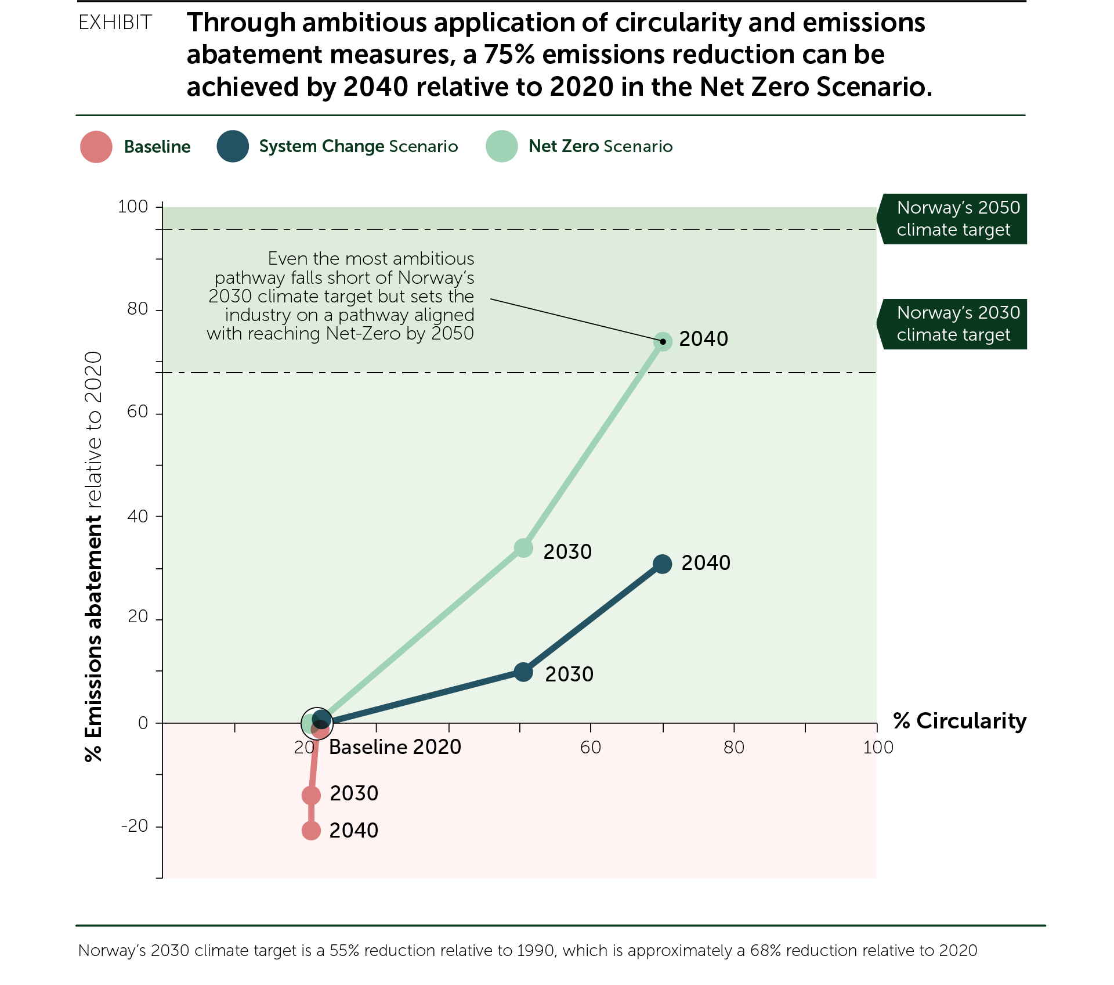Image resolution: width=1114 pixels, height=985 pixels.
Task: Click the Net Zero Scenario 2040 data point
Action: pyautogui.click(x=663, y=341)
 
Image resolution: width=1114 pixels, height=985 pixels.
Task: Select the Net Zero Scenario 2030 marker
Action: pyautogui.click(x=523, y=548)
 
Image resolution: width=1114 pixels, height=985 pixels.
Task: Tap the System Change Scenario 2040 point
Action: pyautogui.click(x=662, y=564)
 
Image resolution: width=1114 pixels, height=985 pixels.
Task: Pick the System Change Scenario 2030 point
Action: pyautogui.click(x=523, y=672)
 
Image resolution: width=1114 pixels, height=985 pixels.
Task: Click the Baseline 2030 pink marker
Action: pyautogui.click(x=311, y=795)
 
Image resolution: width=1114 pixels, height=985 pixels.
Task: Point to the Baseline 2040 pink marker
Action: pyautogui.click(x=311, y=831)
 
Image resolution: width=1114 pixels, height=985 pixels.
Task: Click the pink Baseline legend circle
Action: pyautogui.click(x=96, y=146)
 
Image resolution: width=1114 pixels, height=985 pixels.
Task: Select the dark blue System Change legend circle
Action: pyautogui.click(x=233, y=146)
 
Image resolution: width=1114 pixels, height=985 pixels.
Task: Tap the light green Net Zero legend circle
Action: pyautogui.click(x=502, y=146)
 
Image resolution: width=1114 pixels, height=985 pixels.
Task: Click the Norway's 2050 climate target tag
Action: pyautogui.click(x=954, y=219)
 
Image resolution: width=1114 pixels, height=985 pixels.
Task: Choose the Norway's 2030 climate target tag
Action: pyautogui.click(x=954, y=324)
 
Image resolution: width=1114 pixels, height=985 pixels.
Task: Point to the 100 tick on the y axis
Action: pyautogui.click(x=133, y=207)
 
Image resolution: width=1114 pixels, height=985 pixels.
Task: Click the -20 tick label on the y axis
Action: pyautogui.click(x=135, y=825)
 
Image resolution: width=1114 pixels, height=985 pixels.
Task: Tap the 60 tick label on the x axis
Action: pyautogui.click(x=590, y=747)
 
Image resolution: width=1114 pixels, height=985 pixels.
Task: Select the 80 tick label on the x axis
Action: pyautogui.click(x=733, y=747)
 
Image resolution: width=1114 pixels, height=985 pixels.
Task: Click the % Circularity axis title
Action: pyautogui.click(x=960, y=721)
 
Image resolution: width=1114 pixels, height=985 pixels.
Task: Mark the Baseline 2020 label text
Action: pyautogui.click(x=395, y=747)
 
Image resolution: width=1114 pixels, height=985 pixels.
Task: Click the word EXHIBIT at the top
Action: pyautogui.click(x=115, y=23)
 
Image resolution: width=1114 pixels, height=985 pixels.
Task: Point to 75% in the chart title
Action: pyautogui.click(x=509, y=55)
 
